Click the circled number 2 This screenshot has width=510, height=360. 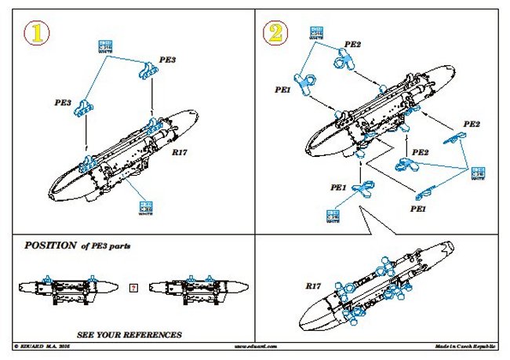click(274, 31)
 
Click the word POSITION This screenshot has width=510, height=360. click(51, 245)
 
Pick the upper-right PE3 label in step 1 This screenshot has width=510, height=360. click(167, 60)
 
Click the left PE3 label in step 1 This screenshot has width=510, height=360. click(64, 102)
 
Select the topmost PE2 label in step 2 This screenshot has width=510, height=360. click(352, 45)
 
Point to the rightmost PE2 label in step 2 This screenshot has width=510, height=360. click(471, 124)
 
